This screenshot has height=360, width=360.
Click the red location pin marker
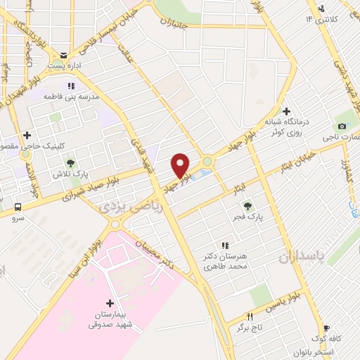[x=181, y=165]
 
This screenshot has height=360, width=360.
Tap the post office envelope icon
[x=64, y=55]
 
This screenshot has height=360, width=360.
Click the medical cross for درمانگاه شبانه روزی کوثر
[x=285, y=111]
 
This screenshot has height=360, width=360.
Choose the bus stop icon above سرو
[x=18, y=207]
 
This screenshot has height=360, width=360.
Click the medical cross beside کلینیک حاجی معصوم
[x=27, y=135]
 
